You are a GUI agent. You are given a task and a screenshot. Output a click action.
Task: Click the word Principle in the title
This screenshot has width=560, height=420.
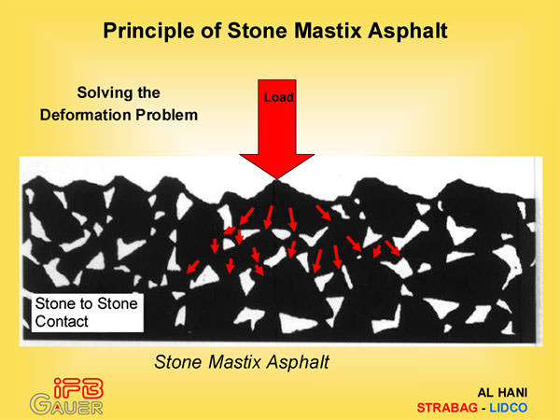point(148,32)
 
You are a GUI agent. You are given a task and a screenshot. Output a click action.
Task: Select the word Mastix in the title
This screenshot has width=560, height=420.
point(329,31)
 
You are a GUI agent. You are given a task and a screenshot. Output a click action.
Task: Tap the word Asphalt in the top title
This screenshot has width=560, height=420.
point(408,32)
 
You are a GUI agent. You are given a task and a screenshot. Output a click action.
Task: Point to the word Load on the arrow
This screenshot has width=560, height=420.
point(278,97)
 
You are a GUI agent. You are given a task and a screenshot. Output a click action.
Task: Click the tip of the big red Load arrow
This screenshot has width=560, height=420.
point(277,179)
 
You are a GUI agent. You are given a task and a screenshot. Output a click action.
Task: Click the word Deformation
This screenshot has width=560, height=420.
point(85,115)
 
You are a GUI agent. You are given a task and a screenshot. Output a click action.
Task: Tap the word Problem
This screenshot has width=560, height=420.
point(166,115)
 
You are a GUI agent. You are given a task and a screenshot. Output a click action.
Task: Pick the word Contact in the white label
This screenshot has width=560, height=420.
point(62,321)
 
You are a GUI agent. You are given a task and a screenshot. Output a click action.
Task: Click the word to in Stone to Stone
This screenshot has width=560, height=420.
point(86,303)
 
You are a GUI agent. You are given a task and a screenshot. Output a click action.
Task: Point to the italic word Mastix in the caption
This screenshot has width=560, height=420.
point(235,362)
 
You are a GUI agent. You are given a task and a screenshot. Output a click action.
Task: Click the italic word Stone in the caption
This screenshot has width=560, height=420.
point(178,362)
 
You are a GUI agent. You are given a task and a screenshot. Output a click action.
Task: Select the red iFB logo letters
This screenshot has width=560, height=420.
point(78,388)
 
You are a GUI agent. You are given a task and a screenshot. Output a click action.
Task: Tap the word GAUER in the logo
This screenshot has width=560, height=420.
point(66,405)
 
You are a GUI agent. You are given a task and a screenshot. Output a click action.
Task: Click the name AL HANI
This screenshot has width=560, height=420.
point(502,393)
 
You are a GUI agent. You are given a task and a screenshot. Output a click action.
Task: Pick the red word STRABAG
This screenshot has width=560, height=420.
point(447,408)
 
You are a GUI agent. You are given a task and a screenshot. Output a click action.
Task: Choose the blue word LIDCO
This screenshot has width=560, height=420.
point(509,408)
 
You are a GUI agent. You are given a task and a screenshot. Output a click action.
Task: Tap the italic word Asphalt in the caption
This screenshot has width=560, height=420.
point(299,363)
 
